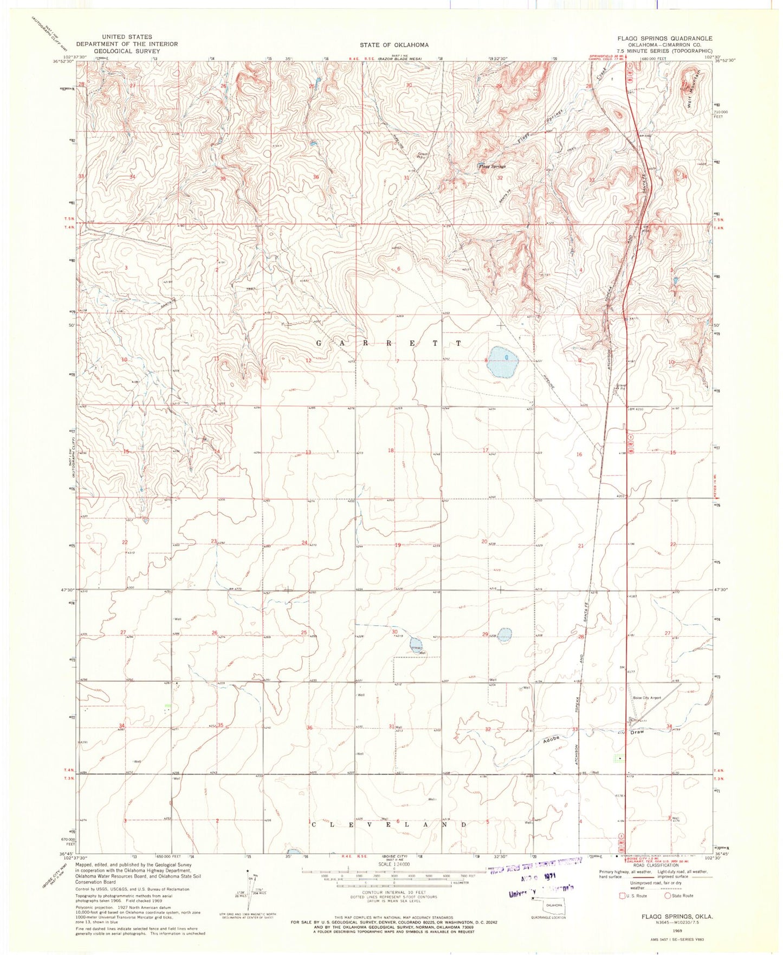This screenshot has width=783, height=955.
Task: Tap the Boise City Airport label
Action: pyautogui.click(x=647, y=697)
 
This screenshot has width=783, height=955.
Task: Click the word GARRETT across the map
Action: pyautogui.click(x=389, y=344)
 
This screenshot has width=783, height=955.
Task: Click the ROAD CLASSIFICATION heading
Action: pyautogui.click(x=653, y=866)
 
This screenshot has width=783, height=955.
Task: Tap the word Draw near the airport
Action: pyautogui.click(x=637, y=732)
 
